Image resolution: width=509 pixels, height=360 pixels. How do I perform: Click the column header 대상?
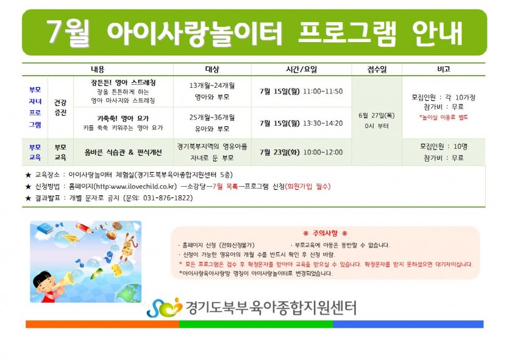(212, 69)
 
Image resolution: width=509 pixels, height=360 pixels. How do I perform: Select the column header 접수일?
(377, 69)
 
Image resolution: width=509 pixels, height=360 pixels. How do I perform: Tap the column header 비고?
(443, 69)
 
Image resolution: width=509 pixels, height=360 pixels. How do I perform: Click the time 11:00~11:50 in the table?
(322, 92)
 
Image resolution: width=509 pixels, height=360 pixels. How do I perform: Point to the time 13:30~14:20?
(322, 123)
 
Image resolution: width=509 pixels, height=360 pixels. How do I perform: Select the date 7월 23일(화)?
(280, 152)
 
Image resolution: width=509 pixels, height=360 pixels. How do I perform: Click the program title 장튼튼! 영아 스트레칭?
(123, 82)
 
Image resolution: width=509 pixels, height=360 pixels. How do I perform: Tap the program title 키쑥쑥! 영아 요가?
(123, 118)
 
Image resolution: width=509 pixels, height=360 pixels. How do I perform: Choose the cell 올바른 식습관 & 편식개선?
(123, 152)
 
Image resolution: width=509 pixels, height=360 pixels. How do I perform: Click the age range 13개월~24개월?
(212, 85)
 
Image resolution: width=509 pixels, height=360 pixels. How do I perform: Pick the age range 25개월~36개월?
(212, 117)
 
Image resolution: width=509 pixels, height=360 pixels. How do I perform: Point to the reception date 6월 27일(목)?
(377, 115)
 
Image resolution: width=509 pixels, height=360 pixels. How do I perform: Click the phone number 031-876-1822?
(168, 198)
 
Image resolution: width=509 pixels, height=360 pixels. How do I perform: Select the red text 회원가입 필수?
(307, 187)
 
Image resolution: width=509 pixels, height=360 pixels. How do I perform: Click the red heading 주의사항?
(325, 233)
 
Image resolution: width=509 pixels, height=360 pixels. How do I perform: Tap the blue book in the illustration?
(46, 228)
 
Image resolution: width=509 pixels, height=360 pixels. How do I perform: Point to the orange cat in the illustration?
(128, 247)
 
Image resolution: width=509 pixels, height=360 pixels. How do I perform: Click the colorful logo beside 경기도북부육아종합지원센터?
(165, 308)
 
